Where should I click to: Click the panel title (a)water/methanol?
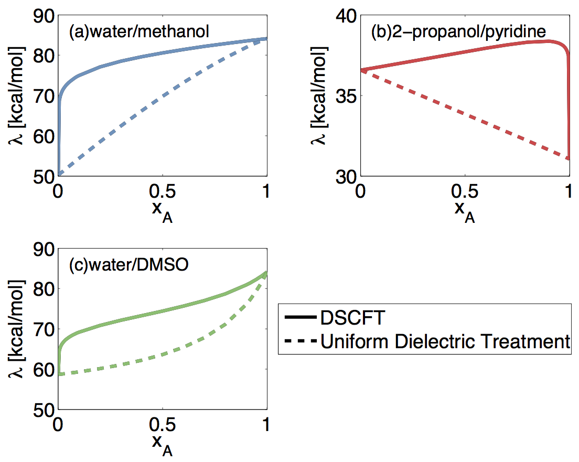click(139, 33)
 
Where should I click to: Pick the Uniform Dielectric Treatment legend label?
click(445, 342)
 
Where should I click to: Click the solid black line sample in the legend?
click(299, 318)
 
